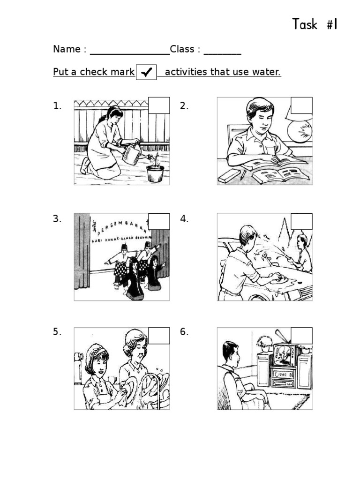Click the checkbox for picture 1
[158, 105]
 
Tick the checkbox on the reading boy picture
[301, 105]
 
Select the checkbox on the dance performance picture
[158, 221]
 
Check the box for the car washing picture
[301, 221]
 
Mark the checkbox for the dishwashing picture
[158, 336]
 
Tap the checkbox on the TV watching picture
[301, 336]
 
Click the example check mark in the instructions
[146, 73]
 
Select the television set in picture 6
[285, 355]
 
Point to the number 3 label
[57, 219]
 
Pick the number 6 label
[184, 332]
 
